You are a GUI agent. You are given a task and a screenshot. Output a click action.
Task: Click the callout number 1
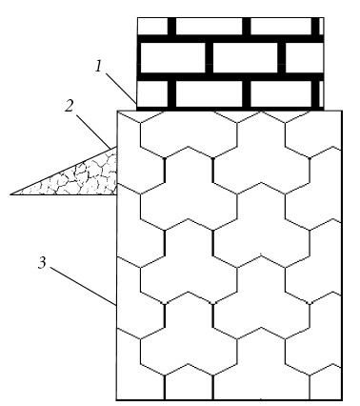99,67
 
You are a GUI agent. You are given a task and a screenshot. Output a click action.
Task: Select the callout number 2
69,107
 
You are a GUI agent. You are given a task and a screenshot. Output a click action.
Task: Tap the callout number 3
42,263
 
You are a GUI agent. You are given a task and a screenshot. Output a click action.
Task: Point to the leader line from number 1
121,89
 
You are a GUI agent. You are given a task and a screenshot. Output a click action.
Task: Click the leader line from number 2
94,131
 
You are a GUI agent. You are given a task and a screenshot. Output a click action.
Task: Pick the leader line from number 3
84,287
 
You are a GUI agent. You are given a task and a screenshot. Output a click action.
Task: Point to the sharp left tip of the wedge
10,194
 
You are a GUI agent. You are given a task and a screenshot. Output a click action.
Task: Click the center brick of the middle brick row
246,57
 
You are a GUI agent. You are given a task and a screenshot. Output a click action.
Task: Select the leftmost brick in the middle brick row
171,57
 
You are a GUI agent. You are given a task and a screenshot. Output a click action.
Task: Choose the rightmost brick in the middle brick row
305,57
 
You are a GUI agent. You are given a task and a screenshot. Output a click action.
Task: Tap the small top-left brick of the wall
152,26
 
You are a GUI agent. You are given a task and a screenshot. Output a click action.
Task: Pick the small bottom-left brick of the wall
152,93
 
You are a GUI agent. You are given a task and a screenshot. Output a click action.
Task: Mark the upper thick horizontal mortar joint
230,39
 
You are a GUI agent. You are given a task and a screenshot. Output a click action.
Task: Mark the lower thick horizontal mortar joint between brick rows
230,76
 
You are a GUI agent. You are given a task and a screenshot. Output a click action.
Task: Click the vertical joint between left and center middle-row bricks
210,57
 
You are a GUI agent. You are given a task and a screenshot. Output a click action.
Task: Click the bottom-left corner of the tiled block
116,399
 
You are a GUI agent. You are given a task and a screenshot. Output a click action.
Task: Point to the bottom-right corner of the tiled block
342,399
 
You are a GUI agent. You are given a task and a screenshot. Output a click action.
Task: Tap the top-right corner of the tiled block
342,111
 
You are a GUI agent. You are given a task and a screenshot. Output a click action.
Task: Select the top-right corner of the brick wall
324,18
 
